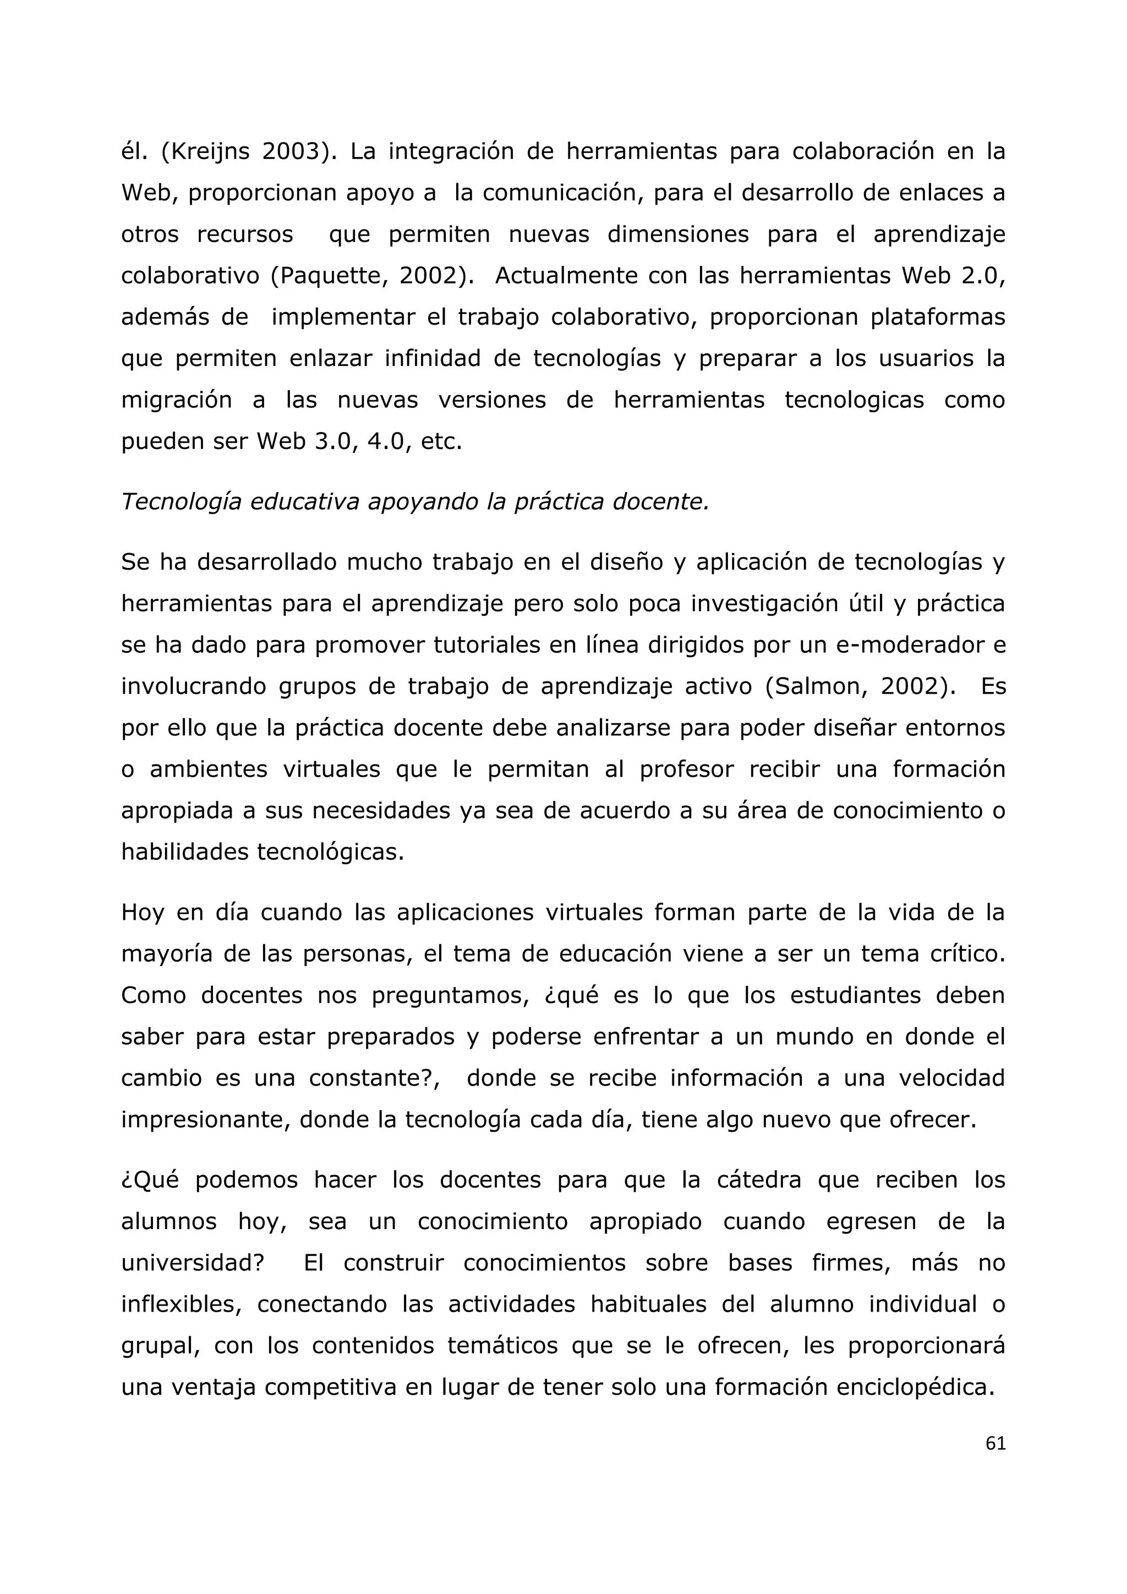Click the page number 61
tap(995, 1443)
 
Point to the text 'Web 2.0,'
tap(954, 276)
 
